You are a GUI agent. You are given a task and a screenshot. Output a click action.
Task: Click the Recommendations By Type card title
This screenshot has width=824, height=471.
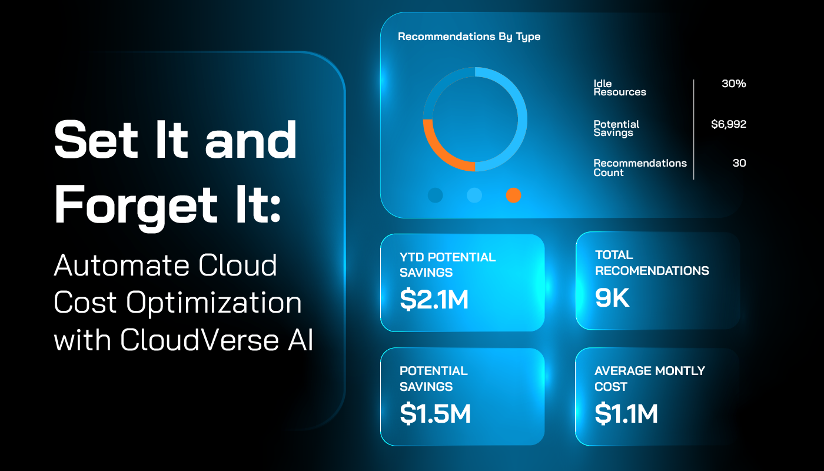(x=469, y=37)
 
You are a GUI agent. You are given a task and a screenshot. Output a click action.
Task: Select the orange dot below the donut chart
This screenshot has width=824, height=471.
(x=513, y=195)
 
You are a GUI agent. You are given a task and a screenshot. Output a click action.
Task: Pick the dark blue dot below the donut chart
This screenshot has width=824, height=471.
(x=436, y=195)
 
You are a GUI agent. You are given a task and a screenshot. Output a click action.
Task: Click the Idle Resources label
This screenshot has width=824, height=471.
(x=620, y=88)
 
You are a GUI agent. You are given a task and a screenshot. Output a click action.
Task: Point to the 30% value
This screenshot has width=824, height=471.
(x=733, y=84)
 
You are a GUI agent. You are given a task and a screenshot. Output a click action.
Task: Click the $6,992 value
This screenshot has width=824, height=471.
(x=728, y=124)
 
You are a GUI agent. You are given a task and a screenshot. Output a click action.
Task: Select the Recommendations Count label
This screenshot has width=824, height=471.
(x=640, y=167)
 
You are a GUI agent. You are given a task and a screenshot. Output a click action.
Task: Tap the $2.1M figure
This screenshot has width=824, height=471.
(x=434, y=300)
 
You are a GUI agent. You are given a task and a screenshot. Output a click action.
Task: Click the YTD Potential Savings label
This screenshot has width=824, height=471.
(x=447, y=265)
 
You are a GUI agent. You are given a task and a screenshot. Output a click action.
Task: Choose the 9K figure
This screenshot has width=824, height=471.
(x=612, y=298)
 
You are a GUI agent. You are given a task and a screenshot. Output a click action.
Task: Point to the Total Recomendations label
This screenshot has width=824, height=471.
(x=652, y=263)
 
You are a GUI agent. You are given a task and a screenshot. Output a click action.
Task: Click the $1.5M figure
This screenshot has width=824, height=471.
(x=435, y=413)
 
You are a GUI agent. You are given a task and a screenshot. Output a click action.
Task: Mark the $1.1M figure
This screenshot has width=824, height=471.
(x=626, y=413)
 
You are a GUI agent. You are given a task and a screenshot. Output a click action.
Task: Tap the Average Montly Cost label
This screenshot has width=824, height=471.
(x=649, y=379)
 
